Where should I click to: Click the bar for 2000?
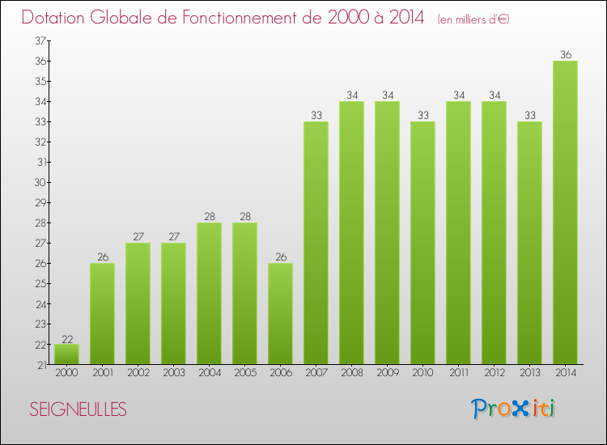coord(66,354)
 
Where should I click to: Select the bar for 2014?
coord(565,213)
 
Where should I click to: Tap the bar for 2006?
coord(280,314)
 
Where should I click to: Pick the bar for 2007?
coord(316,243)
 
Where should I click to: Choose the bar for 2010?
coord(422,243)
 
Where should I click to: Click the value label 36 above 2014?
coord(565,55)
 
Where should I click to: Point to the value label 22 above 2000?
coord(66,338)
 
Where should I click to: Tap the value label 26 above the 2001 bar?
coord(102,257)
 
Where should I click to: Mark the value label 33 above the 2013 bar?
coord(529,116)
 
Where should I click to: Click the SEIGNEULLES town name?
coord(78,409)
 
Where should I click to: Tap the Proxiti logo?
coord(514,408)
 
